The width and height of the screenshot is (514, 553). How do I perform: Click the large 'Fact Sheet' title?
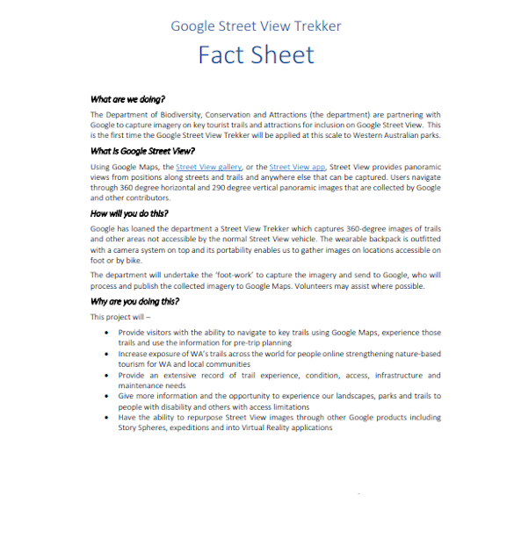point(256,54)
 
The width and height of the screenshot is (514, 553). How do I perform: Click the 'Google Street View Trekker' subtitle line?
point(256,25)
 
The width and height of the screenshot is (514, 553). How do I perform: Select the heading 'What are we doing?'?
point(127,100)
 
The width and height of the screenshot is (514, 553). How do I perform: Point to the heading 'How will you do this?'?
point(129,213)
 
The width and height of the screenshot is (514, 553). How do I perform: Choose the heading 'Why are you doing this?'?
point(134,301)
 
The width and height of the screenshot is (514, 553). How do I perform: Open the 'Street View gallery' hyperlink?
point(208,167)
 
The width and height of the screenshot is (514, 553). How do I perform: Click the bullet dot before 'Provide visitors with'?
point(107,334)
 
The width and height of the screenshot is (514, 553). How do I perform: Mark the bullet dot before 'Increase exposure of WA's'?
point(107,354)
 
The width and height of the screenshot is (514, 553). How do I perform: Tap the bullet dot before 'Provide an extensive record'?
point(107,375)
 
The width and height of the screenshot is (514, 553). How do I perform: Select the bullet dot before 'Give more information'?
point(107,396)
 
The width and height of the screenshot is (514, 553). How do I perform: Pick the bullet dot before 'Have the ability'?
point(107,418)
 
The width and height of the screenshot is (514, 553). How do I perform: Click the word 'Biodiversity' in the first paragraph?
point(180,115)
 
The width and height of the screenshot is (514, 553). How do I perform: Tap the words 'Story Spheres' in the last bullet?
point(146,428)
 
